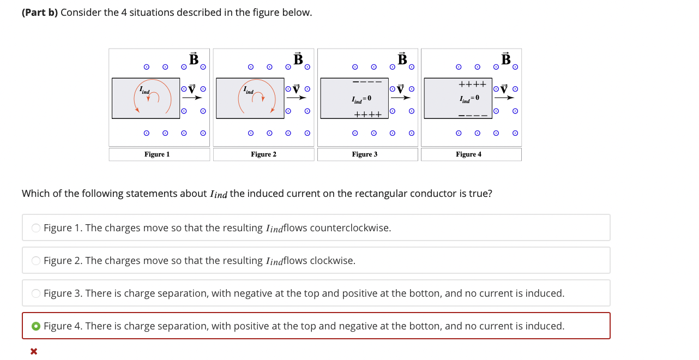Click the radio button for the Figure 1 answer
tap(36, 228)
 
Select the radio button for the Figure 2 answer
tap(36, 261)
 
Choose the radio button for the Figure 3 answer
tap(36, 293)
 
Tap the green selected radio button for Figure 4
tap(36, 326)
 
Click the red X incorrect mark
tap(34, 351)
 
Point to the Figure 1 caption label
tap(157, 154)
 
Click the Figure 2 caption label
tap(263, 154)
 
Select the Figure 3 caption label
tap(365, 154)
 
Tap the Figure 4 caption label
tap(469, 154)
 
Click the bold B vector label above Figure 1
tap(194, 58)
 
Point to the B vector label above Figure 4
tap(506, 58)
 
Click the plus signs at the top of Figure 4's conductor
tap(472, 85)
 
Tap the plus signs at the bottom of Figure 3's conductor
tap(367, 115)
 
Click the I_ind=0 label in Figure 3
tap(361, 99)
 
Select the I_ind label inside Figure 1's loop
tap(144, 89)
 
